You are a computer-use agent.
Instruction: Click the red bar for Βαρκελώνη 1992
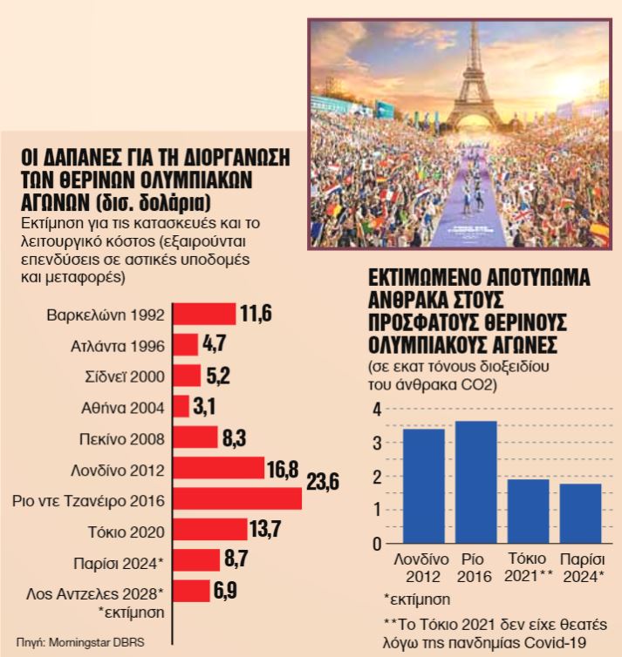point(205,314)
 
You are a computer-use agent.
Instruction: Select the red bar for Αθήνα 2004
point(181,407)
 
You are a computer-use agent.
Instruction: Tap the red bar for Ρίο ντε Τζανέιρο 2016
point(237,499)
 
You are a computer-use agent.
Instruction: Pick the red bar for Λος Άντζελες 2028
point(192,592)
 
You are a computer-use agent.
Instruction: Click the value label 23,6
point(322,481)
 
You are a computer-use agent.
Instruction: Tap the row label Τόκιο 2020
point(124,531)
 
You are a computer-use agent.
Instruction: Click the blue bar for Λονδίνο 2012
point(423,485)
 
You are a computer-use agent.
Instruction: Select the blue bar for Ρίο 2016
point(475,482)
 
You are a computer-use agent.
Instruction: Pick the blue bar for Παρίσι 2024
point(580,513)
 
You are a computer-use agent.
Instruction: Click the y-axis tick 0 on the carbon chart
point(378,544)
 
